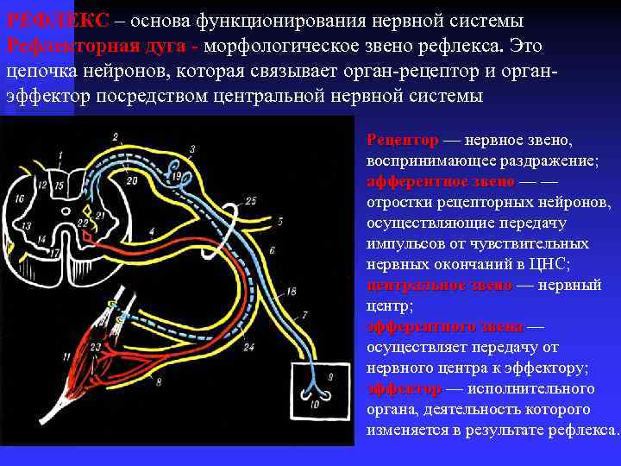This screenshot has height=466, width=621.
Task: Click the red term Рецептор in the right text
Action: click(x=402, y=140)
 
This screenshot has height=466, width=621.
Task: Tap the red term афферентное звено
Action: click(x=440, y=182)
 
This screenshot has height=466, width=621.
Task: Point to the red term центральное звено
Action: click(x=439, y=286)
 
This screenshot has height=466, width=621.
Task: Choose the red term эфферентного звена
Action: click(x=445, y=327)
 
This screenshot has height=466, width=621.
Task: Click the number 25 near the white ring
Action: click(x=250, y=201)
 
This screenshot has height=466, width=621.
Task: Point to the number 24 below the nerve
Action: click(x=248, y=348)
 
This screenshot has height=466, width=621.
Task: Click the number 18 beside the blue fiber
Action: click(x=291, y=291)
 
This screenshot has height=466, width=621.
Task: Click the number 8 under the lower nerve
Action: click(x=158, y=382)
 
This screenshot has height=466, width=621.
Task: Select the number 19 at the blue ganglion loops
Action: click(x=176, y=177)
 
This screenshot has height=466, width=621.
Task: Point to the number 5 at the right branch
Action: click(x=280, y=221)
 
